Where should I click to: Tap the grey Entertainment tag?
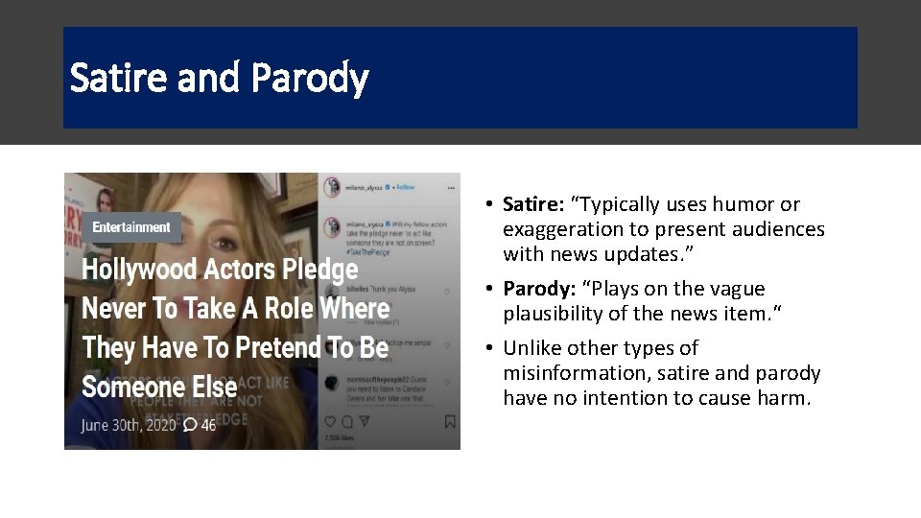pyautogui.click(x=131, y=227)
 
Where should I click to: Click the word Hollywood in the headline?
pyautogui.click(x=138, y=270)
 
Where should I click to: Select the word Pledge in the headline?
pyautogui.click(x=325, y=270)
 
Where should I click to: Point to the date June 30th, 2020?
pyautogui.click(x=129, y=424)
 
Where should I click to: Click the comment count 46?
pyautogui.click(x=208, y=424)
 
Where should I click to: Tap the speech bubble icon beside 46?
pyautogui.click(x=190, y=424)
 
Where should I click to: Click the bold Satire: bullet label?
pyautogui.click(x=533, y=204)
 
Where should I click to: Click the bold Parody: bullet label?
pyautogui.click(x=536, y=289)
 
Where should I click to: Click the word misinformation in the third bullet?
pyautogui.click(x=570, y=372)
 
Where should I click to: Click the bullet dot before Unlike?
pyautogui.click(x=489, y=348)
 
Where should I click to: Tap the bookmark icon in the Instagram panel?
pyautogui.click(x=449, y=421)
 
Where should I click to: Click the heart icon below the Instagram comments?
pyautogui.click(x=331, y=421)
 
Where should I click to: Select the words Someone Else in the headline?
pyautogui.click(x=159, y=387)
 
